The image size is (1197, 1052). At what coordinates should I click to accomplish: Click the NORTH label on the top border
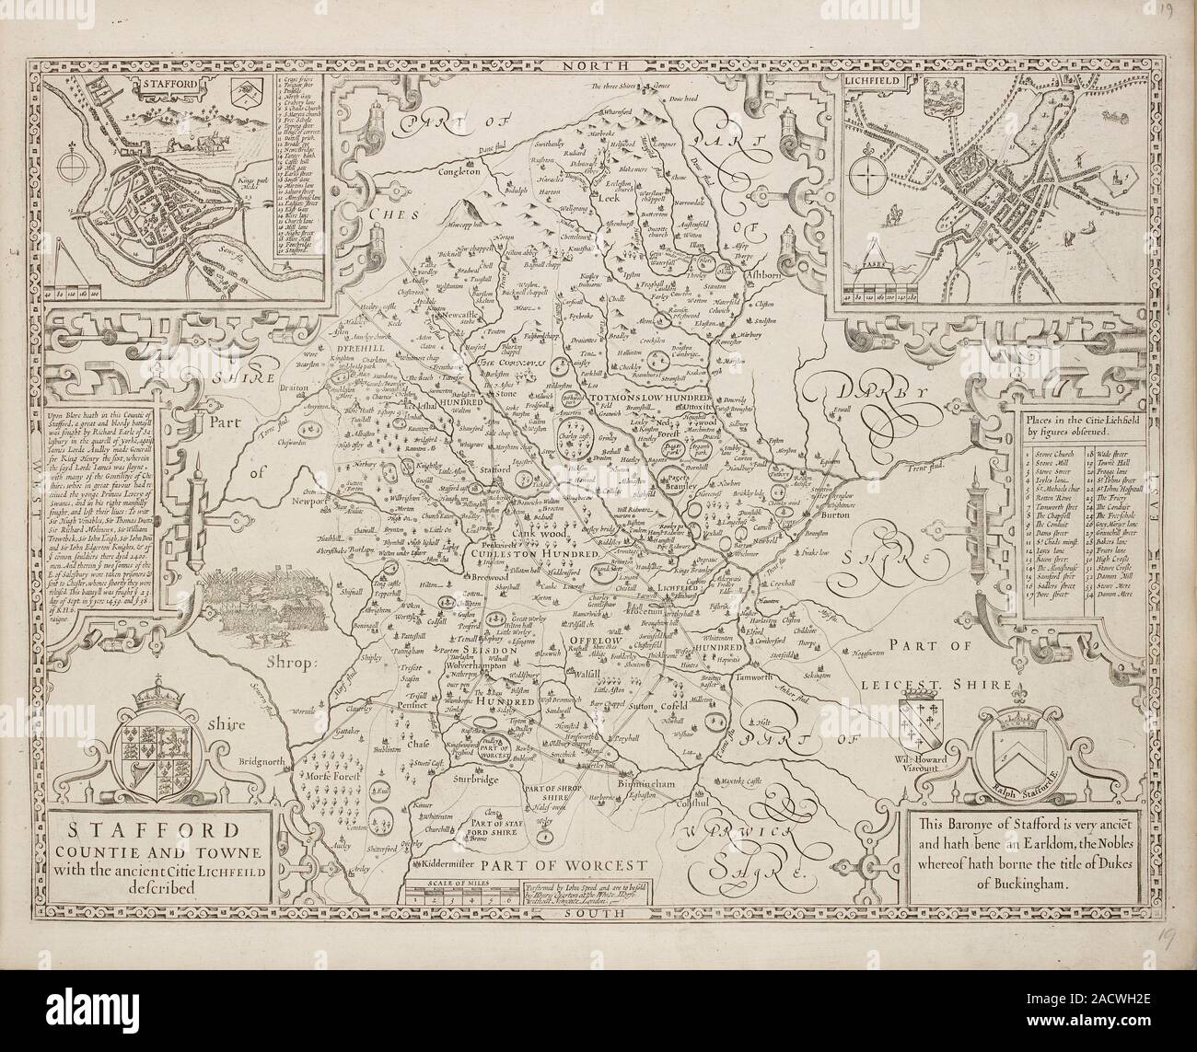point(597,65)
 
